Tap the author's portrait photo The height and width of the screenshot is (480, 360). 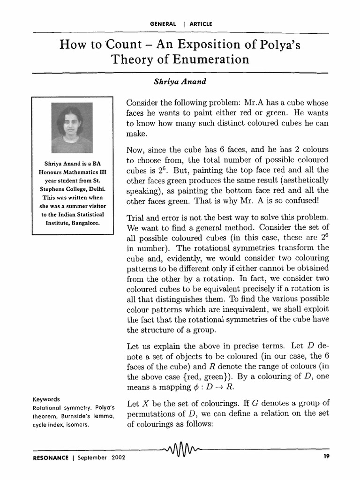click(72, 128)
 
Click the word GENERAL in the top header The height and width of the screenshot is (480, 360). click(163, 23)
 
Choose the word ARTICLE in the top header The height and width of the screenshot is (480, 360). click(201, 23)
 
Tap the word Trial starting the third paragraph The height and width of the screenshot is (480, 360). click(136, 219)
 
